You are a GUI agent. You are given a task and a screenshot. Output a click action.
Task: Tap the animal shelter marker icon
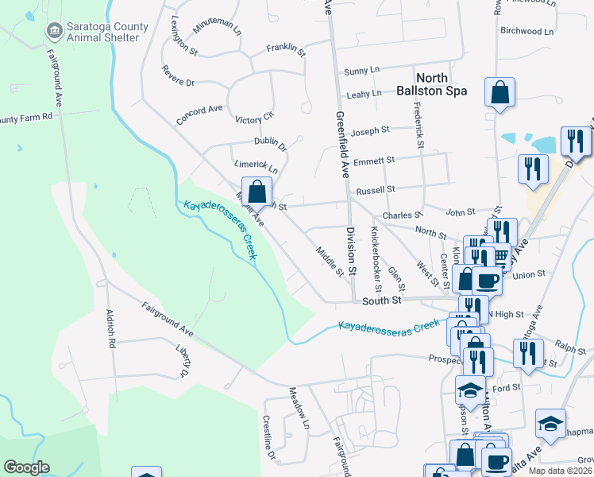(x=54, y=32)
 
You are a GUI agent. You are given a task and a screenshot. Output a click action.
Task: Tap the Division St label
(x=350, y=251)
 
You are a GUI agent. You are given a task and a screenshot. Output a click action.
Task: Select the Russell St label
(x=376, y=191)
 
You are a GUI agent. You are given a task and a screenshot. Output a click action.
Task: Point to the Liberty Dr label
(x=182, y=361)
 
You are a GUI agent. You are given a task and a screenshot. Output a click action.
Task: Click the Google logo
(x=26, y=467)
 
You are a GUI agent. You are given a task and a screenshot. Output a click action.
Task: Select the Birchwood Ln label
(x=526, y=32)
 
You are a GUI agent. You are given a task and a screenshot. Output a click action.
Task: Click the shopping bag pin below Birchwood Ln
(x=499, y=94)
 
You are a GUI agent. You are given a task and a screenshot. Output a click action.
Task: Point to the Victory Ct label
(x=254, y=118)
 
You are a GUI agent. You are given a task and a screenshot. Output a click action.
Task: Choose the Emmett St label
(x=374, y=161)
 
